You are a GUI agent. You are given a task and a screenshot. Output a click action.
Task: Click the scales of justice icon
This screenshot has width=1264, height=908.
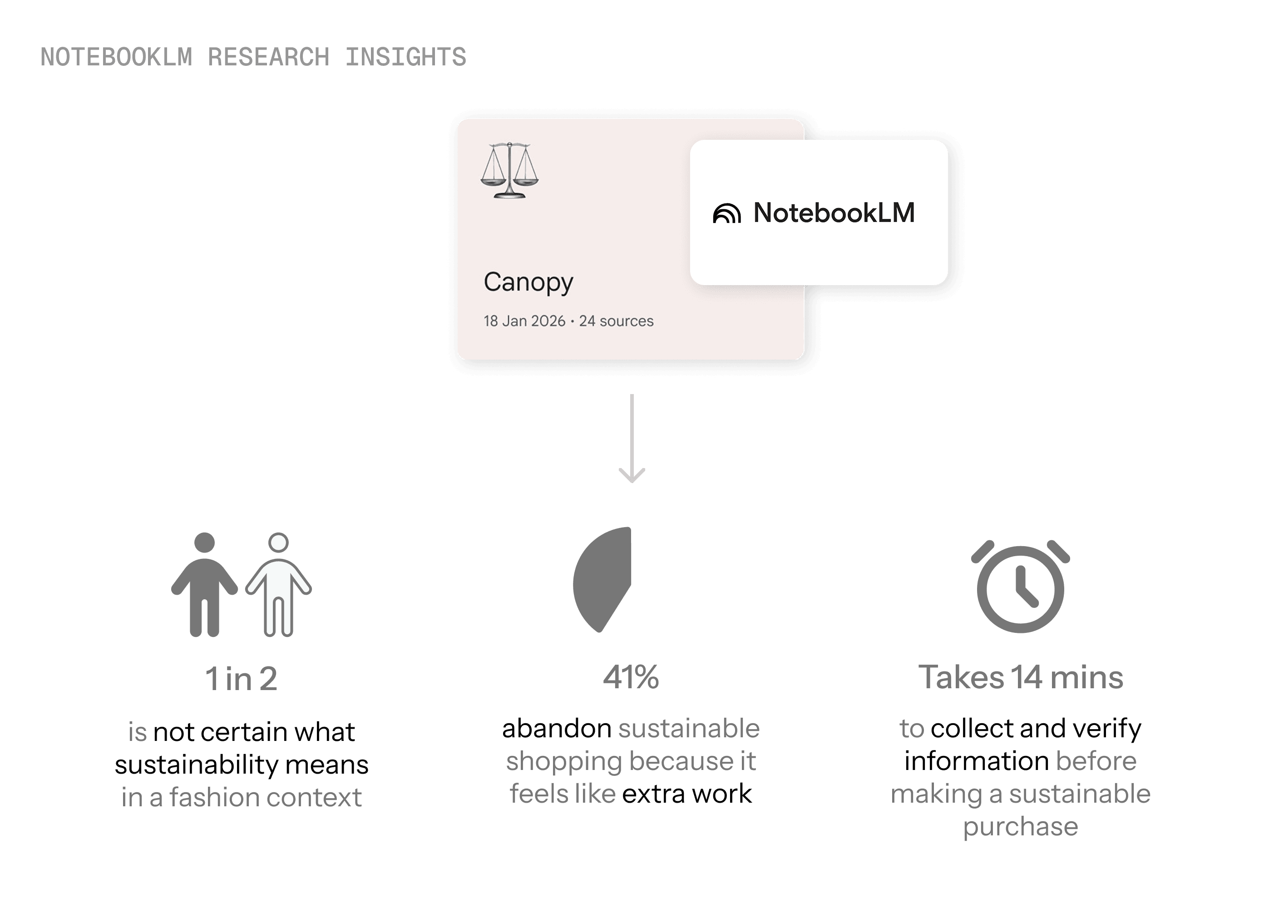pos(509,171)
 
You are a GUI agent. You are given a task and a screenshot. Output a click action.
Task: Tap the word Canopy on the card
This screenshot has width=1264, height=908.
pos(528,282)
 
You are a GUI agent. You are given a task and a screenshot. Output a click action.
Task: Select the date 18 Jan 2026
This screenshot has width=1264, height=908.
pos(524,321)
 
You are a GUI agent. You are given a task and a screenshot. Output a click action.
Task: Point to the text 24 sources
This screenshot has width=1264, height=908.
pos(616,321)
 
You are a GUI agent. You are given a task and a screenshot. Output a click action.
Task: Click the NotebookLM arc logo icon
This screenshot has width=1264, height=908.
pos(727,213)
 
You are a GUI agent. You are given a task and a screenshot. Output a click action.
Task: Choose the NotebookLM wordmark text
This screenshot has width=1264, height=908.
pos(834,213)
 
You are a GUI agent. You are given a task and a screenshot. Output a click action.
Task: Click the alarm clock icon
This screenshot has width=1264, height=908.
pos(1021,587)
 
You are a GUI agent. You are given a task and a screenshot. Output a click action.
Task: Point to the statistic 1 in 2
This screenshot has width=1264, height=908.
pos(241,679)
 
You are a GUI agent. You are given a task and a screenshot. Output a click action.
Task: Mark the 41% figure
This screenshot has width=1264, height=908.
pos(631,677)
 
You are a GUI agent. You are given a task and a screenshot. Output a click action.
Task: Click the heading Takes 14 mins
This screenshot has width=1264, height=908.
pos(1021,677)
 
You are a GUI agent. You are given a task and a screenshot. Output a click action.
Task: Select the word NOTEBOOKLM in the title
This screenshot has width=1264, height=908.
pos(116,57)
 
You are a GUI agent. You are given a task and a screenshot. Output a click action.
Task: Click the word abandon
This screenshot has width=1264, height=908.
pos(556,729)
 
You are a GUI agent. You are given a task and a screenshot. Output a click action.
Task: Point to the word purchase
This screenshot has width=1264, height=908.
pos(1021,826)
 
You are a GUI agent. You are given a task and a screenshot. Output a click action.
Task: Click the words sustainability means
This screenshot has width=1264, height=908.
pos(242,765)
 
